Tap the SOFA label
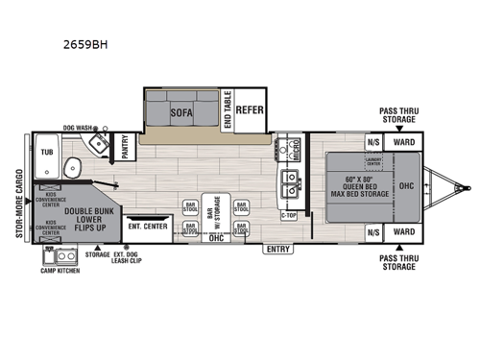[x=180, y=110]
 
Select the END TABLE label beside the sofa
[x=227, y=110]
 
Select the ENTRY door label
[x=279, y=249]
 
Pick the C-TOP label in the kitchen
[x=289, y=216]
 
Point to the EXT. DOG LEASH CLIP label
[x=126, y=257]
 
